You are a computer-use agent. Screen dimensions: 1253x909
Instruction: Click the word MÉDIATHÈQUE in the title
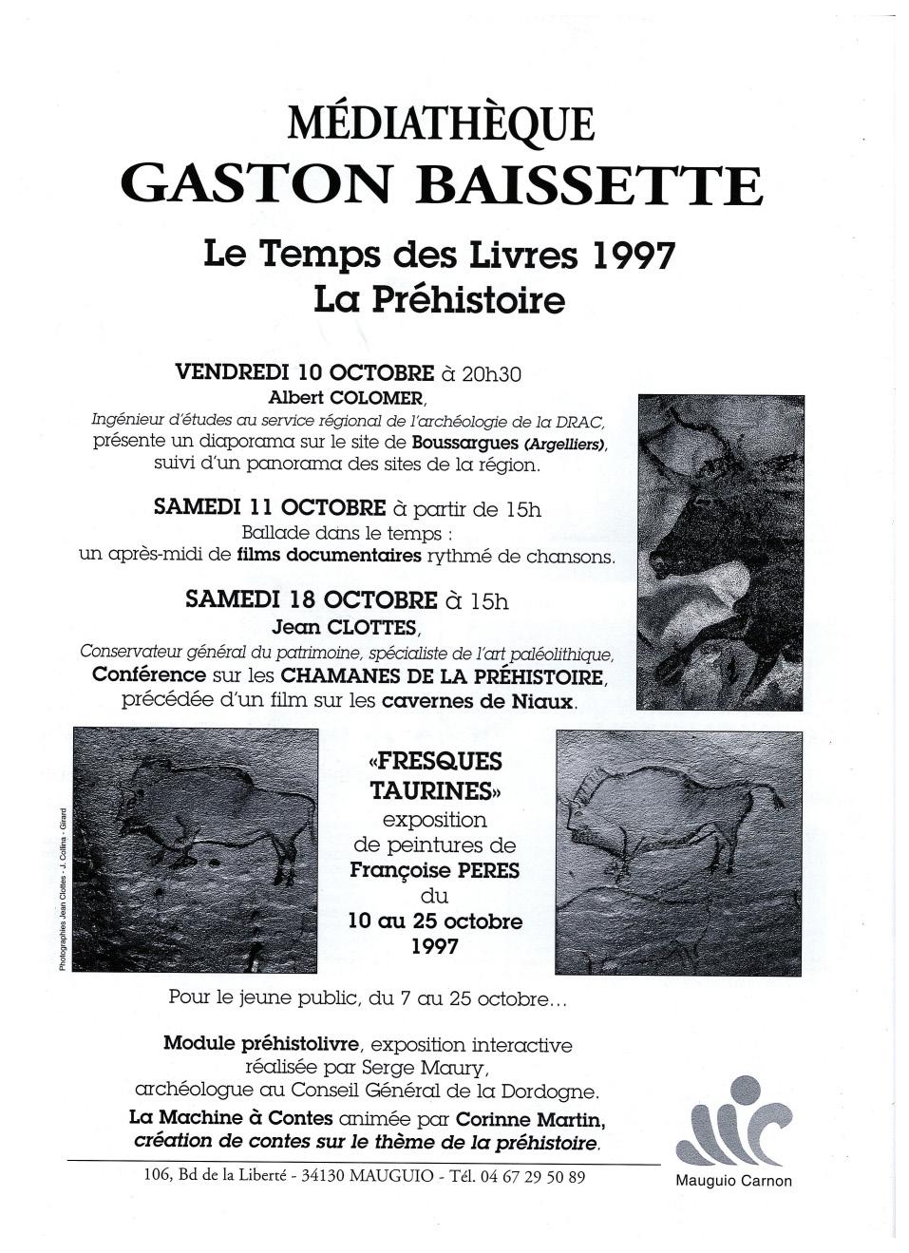[x=442, y=124]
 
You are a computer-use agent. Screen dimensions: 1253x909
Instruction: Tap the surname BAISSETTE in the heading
[x=590, y=185]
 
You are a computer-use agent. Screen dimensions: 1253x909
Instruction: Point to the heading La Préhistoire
[x=439, y=300]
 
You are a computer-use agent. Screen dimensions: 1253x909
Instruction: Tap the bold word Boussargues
[x=465, y=443]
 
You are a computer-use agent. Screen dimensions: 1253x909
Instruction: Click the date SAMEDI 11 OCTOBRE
[x=270, y=508]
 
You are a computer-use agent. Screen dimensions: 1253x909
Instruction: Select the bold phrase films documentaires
[x=329, y=556]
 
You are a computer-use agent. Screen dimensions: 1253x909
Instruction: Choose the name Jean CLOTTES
[x=345, y=627]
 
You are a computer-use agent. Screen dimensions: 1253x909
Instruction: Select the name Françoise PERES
[x=434, y=869]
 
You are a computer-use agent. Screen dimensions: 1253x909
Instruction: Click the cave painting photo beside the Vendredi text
[x=720, y=551]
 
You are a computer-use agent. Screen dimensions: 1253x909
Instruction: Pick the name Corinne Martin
[x=530, y=1118]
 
